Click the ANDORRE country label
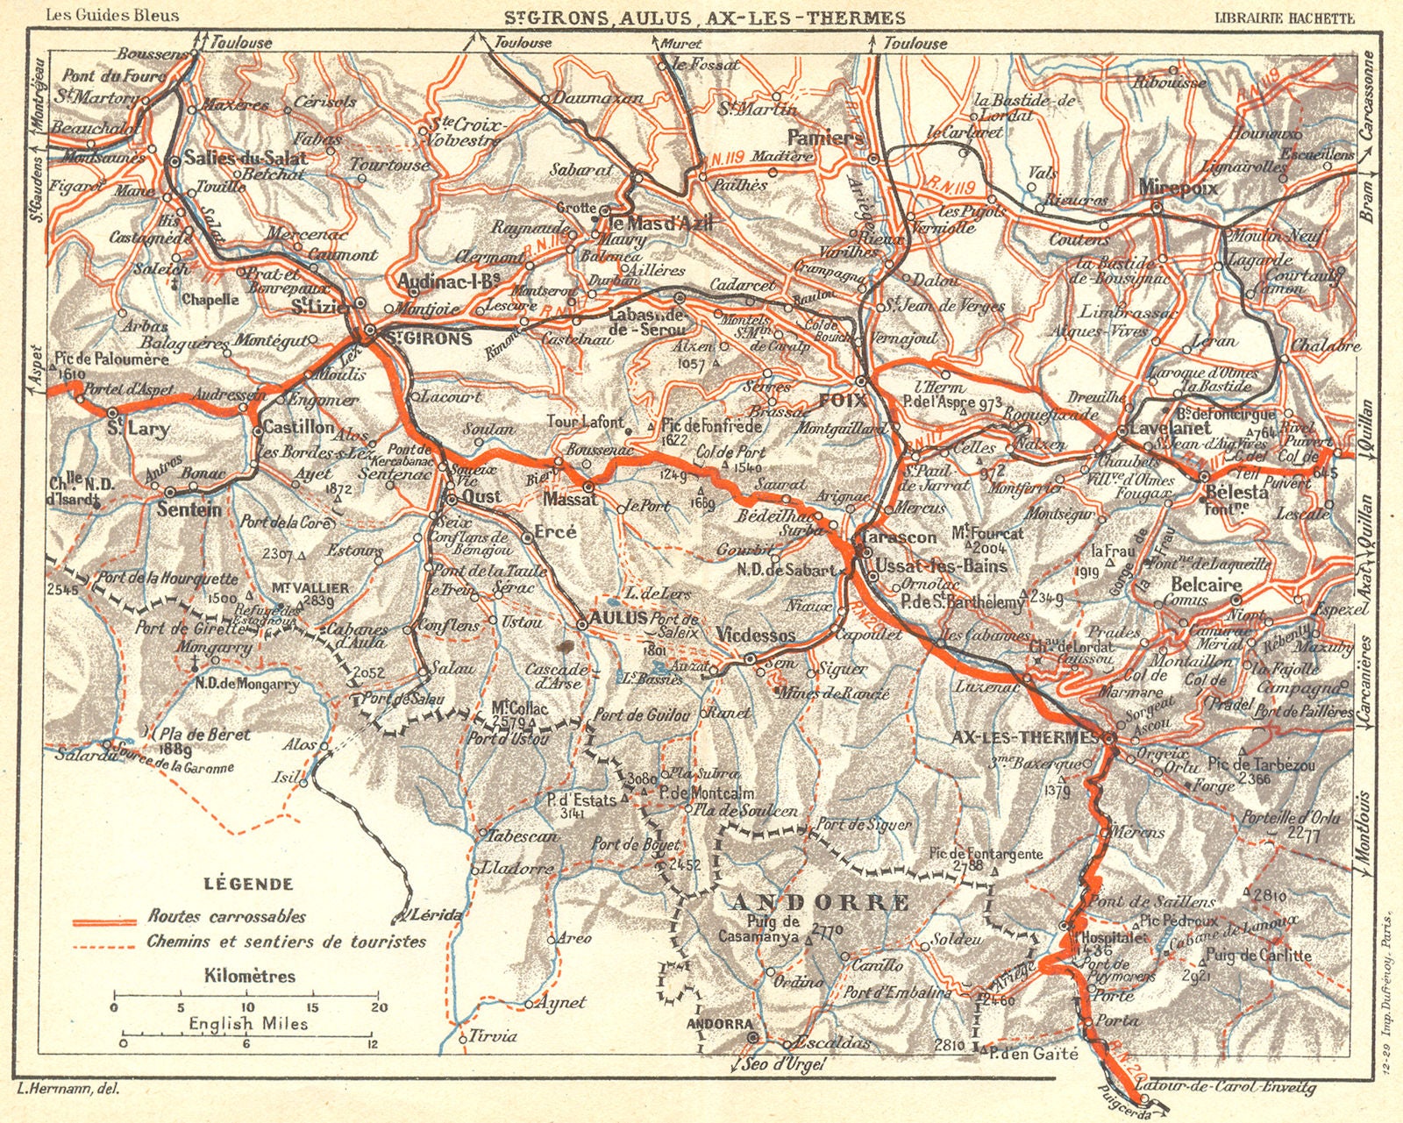821,902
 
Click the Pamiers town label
825,138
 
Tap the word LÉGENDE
248,884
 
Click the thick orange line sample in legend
104,921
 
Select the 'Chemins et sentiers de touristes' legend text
287,942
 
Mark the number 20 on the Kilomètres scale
378,1007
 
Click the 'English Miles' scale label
249,1023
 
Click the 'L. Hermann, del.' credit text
68,1088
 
